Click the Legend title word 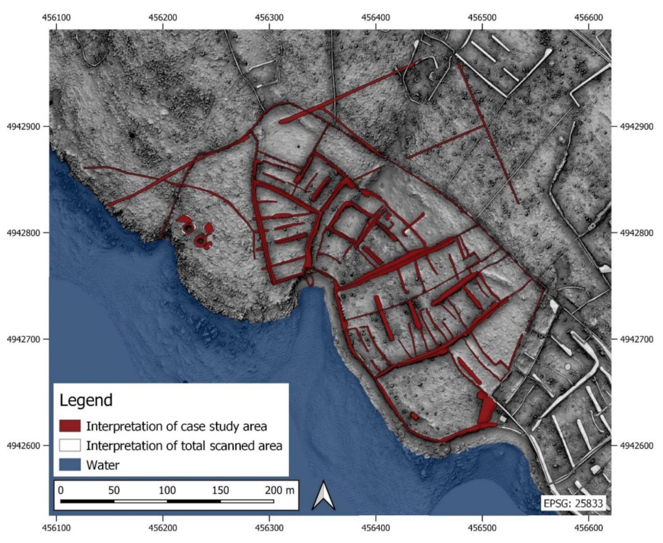point(86,400)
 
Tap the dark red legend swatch point(69,426)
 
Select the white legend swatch point(69,445)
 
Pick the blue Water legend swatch point(69,465)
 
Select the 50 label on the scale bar point(113,489)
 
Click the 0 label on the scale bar point(61,489)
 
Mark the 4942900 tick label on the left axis point(23,126)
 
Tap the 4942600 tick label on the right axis point(638,445)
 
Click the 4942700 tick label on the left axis point(23,339)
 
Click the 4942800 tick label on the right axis point(638,233)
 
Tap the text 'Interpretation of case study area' point(176,426)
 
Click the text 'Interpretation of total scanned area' point(185,445)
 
